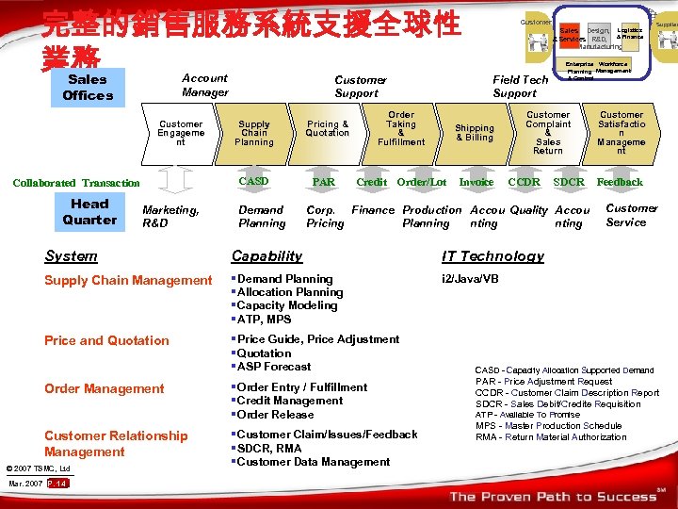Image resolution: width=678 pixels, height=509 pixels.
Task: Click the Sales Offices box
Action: tap(88, 88)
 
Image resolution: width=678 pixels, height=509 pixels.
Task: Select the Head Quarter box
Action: tap(89, 212)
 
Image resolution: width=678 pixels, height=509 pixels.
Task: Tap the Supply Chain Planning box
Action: tap(254, 133)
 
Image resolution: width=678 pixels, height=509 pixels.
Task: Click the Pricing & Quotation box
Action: tap(327, 128)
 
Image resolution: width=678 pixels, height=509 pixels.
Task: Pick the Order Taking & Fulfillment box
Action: tap(401, 128)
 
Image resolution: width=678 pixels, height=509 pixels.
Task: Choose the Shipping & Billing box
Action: tap(475, 133)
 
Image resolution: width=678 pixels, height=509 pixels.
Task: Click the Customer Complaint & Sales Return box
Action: tap(548, 133)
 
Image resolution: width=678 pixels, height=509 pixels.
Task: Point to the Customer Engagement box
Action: tap(181, 133)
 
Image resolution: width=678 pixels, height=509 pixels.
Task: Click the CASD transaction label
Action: tap(254, 181)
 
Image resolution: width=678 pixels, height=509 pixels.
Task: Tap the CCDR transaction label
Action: tap(524, 182)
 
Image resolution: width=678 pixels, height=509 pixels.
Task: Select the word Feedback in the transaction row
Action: tap(620, 182)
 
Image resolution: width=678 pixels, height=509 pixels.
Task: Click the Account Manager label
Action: tap(205, 86)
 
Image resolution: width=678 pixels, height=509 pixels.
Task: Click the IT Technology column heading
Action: tap(492, 256)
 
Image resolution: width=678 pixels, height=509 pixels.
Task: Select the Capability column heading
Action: tap(267, 256)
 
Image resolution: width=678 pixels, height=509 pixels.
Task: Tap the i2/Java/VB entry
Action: tap(471, 279)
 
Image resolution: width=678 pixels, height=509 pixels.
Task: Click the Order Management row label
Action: tap(105, 388)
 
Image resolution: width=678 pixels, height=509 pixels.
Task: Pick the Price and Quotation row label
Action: tap(106, 340)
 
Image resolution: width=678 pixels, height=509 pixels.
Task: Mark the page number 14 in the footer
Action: tap(57, 484)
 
